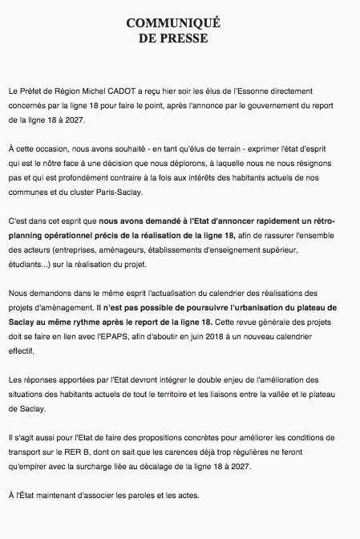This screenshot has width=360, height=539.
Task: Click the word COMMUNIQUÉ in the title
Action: [180, 22]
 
